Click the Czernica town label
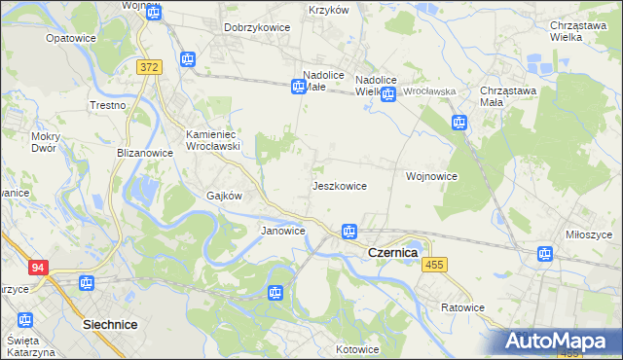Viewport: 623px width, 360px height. coord(392,252)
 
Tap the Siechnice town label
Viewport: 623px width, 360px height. coord(110,323)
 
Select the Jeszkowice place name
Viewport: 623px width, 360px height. coord(339,185)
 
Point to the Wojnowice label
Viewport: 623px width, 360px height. coord(431,177)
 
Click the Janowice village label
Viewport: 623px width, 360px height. coord(283,231)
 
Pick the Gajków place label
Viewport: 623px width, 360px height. coord(224,195)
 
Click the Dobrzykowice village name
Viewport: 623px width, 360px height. coord(257,27)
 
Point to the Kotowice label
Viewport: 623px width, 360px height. coord(357,349)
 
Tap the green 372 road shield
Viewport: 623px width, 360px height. coord(149,67)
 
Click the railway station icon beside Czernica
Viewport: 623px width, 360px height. coord(348,232)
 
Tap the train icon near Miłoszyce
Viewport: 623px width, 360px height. coord(545,255)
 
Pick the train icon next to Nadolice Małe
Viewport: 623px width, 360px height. coord(300,88)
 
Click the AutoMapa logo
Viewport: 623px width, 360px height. coord(560,341)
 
